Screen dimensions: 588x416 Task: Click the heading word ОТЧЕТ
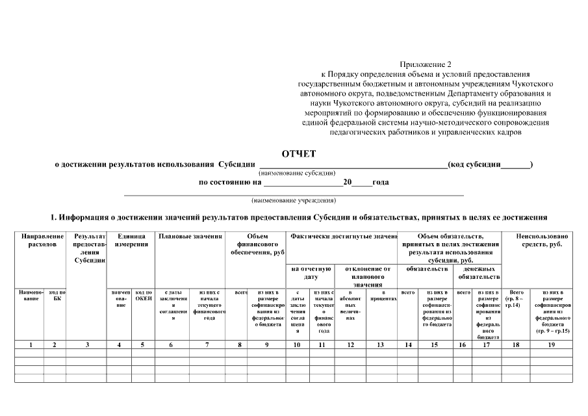coord(298,154)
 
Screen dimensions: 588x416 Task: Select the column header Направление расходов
coord(42,240)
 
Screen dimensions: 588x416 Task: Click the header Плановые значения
coord(190,237)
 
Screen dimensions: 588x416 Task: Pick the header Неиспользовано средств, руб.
coord(543,240)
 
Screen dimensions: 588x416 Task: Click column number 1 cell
coord(31,344)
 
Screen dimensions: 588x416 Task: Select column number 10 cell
coord(297,344)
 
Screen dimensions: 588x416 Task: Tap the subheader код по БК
coord(57,296)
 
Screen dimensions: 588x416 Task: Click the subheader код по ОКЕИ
coord(143,296)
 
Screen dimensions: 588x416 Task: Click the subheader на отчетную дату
coord(310,272)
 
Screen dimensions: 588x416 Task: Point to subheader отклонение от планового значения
coord(367,276)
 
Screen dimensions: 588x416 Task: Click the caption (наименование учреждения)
coord(294,200)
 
